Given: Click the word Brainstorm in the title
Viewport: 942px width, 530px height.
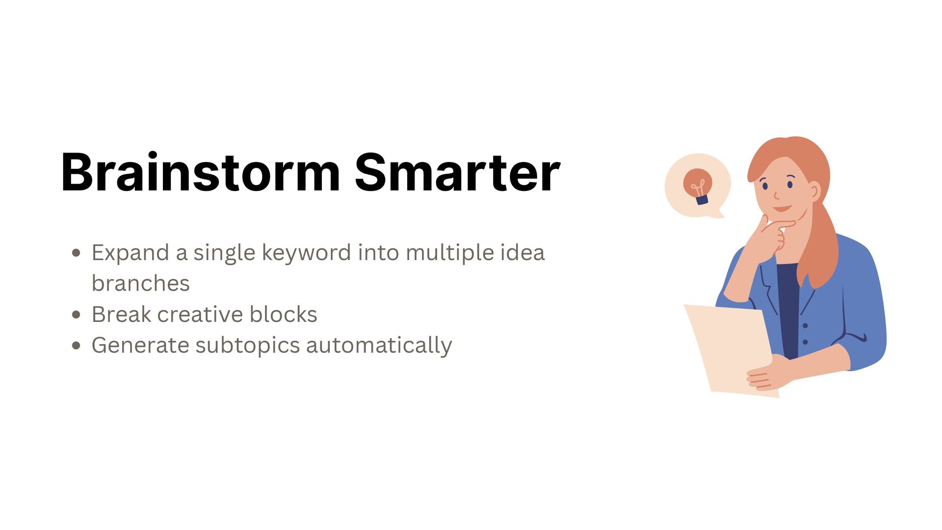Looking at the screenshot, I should click(x=200, y=173).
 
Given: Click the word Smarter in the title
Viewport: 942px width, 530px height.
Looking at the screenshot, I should click(x=457, y=173).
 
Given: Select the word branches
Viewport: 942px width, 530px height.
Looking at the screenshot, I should click(x=140, y=284).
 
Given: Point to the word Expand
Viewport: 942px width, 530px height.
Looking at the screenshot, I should click(x=130, y=253).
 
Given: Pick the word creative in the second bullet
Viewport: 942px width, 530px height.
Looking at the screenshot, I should click(x=200, y=315).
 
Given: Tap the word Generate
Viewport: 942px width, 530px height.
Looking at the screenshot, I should click(x=140, y=345).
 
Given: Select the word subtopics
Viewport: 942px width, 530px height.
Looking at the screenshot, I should click(x=247, y=345).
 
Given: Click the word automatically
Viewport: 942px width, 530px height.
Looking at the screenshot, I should click(x=379, y=345).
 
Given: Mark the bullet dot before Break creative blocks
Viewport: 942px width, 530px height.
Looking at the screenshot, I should click(x=76, y=315).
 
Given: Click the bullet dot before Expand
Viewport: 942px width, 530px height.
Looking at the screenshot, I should click(x=76, y=253).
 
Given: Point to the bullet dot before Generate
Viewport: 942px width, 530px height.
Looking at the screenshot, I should click(x=76, y=345).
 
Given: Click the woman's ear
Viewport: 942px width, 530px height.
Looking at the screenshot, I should click(x=814, y=191).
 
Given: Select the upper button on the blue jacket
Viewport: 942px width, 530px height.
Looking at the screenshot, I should click(x=805, y=326).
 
